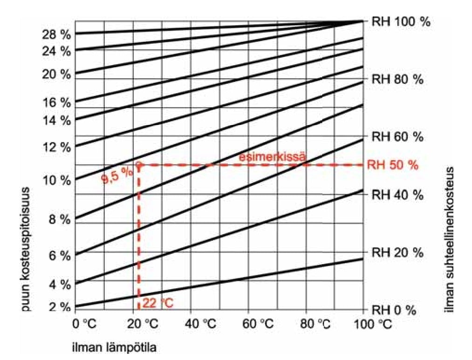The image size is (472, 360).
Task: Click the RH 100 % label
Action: (400, 22)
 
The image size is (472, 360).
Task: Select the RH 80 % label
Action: (397, 79)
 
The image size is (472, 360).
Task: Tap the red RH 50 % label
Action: (393, 165)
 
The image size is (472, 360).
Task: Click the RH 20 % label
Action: (397, 252)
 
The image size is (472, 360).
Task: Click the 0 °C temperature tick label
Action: (84, 323)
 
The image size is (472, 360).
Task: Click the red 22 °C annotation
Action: (158, 304)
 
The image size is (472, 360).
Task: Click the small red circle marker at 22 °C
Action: (138, 164)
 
